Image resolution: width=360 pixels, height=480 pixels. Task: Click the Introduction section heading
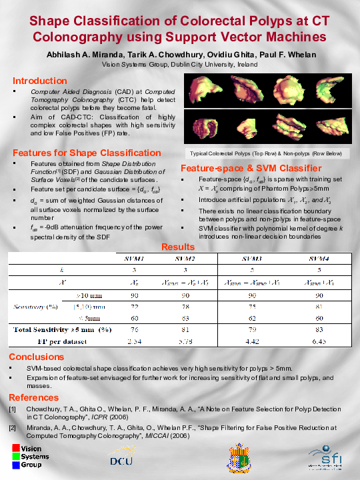pyautogui.click(x=40, y=80)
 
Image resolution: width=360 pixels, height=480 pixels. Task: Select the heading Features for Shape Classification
pyautogui.click(x=87, y=153)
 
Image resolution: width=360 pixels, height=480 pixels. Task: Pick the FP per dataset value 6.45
pyautogui.click(x=321, y=342)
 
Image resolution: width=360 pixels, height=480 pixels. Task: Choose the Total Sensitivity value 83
pyautogui.click(x=321, y=329)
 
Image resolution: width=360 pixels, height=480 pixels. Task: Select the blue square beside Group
pyautogui.click(x=16, y=464)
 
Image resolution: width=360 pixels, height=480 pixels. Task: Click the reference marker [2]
pyautogui.click(x=13, y=427)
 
